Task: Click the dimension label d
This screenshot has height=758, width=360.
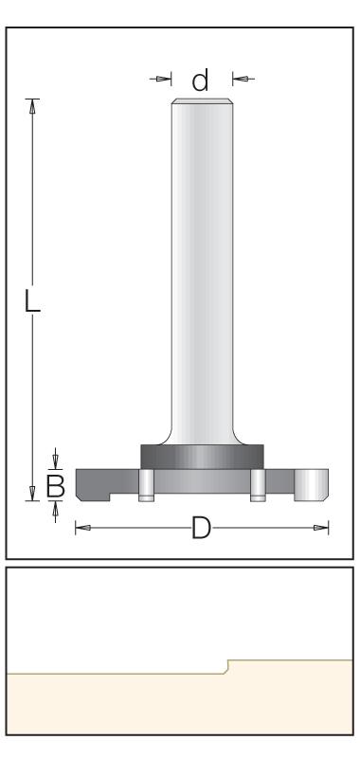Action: pyautogui.click(x=200, y=81)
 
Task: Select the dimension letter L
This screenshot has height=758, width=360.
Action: pyautogui.click(x=32, y=301)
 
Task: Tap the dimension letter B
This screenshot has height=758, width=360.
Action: pyautogui.click(x=56, y=486)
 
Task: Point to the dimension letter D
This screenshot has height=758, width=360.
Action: pyautogui.click(x=201, y=528)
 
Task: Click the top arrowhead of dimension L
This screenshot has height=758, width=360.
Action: pyautogui.click(x=32, y=107)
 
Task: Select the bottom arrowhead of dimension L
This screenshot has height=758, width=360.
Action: pyautogui.click(x=32, y=493)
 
